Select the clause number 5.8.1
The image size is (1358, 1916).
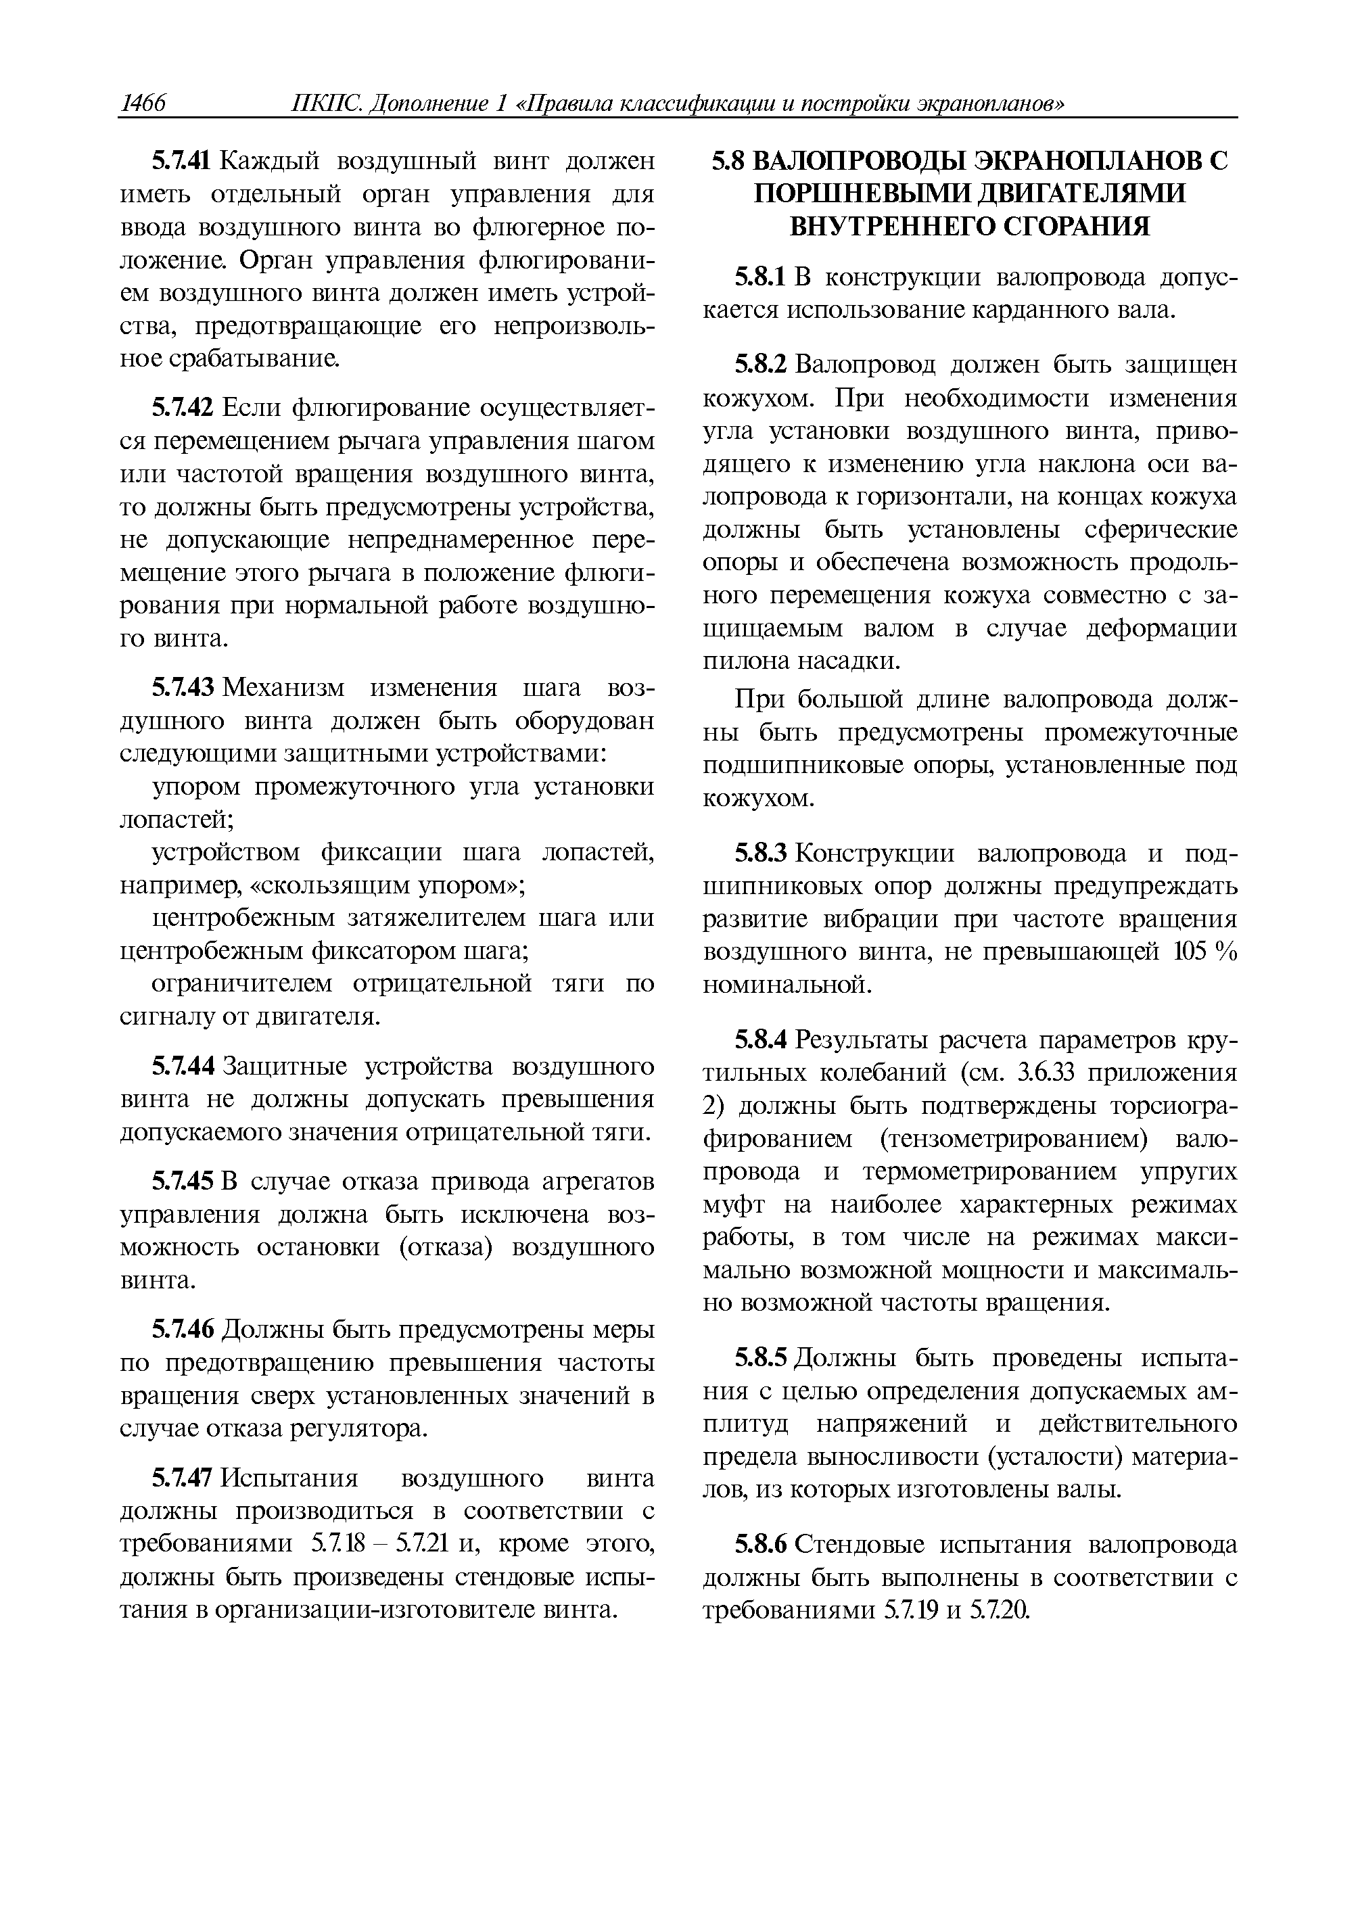pos(760,277)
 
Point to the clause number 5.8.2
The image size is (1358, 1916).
pos(760,365)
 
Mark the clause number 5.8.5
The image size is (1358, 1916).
pos(760,1357)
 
